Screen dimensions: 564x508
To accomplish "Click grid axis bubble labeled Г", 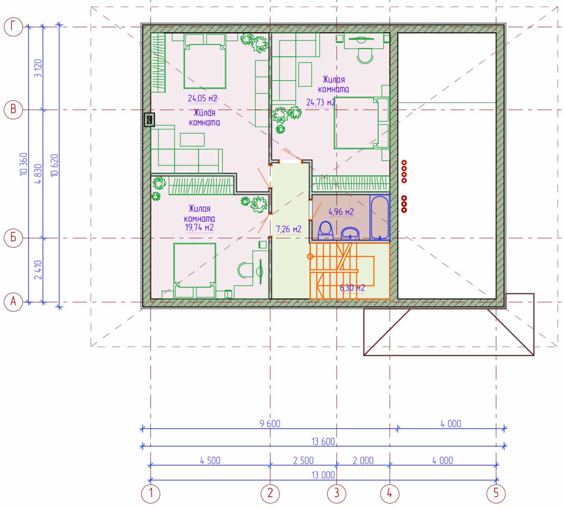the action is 13,27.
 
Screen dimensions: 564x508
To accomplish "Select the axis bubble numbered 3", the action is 337,493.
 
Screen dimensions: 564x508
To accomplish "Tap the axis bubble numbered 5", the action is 496,493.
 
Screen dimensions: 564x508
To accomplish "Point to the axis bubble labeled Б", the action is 13,238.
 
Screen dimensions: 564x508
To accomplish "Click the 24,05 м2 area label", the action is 202,99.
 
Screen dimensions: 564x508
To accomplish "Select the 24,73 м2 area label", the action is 321,102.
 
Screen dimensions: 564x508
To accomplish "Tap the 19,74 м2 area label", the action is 200,228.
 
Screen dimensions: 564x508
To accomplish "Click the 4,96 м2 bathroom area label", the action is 341,212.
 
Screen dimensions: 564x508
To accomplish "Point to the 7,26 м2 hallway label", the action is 289,229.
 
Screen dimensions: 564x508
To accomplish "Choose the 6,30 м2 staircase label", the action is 352,288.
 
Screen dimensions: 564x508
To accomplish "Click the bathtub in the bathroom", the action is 379,217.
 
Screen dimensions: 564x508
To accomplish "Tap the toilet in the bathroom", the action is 325,231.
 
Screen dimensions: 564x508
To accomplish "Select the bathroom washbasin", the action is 350,234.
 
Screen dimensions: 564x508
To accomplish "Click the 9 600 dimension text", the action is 270,423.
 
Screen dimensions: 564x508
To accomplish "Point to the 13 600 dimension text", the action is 323,442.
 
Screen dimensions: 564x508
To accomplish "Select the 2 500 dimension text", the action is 304,460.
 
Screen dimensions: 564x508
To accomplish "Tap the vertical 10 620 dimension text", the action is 54,165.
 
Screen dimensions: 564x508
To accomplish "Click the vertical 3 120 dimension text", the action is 38,68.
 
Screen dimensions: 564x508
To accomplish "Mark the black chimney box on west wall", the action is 149,120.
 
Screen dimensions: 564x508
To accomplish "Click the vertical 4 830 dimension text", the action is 38,174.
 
